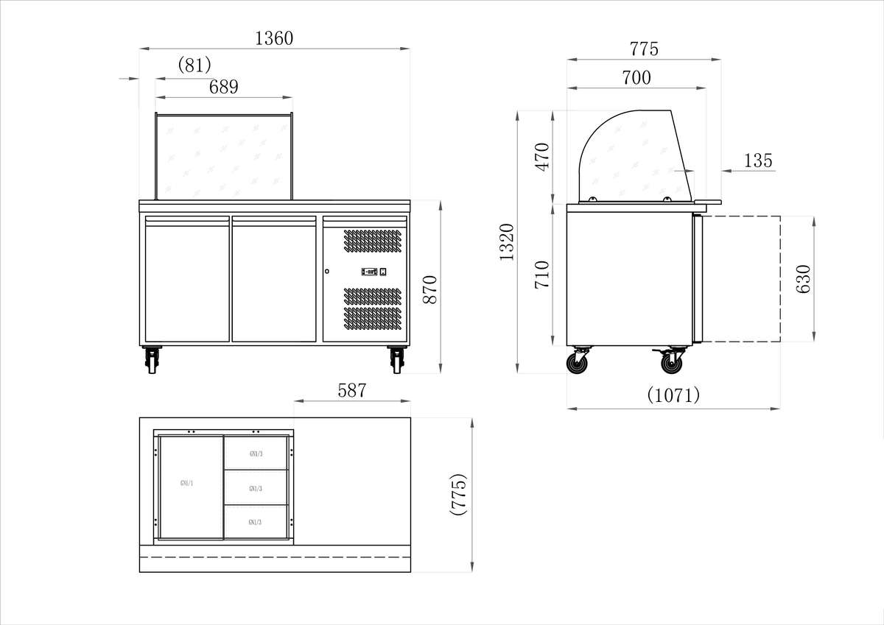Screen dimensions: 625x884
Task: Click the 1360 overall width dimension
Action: [x=274, y=39]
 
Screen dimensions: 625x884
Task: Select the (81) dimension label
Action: [x=194, y=65]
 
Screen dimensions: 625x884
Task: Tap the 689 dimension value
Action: [x=224, y=87]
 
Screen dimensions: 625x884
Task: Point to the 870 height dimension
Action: [x=430, y=289]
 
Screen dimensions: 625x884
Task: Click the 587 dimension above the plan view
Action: [x=351, y=391]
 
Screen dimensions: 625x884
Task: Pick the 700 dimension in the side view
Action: [x=636, y=77]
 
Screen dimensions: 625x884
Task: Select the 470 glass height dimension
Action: [x=542, y=157]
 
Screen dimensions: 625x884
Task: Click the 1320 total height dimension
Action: [x=507, y=242]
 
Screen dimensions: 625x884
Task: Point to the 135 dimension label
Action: [x=758, y=160]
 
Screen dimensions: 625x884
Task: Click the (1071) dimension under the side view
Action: [x=673, y=395]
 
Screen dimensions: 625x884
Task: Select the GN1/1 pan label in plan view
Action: [x=187, y=484]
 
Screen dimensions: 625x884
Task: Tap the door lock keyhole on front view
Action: [x=326, y=272]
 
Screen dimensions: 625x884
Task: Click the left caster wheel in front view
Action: [x=152, y=361]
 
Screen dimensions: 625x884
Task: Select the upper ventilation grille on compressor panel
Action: [x=373, y=244]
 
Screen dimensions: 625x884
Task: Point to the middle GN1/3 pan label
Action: [x=256, y=489]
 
